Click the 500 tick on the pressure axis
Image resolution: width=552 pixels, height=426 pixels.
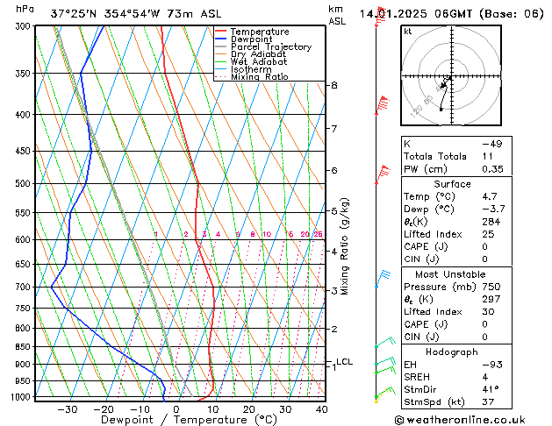(24, 183)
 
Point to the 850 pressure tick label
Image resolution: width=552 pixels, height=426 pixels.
(24, 347)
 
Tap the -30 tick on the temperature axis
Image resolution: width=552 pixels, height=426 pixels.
(68, 409)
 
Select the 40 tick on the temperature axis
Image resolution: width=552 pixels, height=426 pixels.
(321, 409)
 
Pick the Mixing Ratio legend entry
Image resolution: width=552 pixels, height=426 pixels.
(259, 77)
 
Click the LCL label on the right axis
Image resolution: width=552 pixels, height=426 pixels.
(344, 361)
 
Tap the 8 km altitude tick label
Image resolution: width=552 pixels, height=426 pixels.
(333, 85)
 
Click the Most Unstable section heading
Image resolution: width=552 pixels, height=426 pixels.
(445, 273)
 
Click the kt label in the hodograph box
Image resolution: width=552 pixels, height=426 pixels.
(408, 32)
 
